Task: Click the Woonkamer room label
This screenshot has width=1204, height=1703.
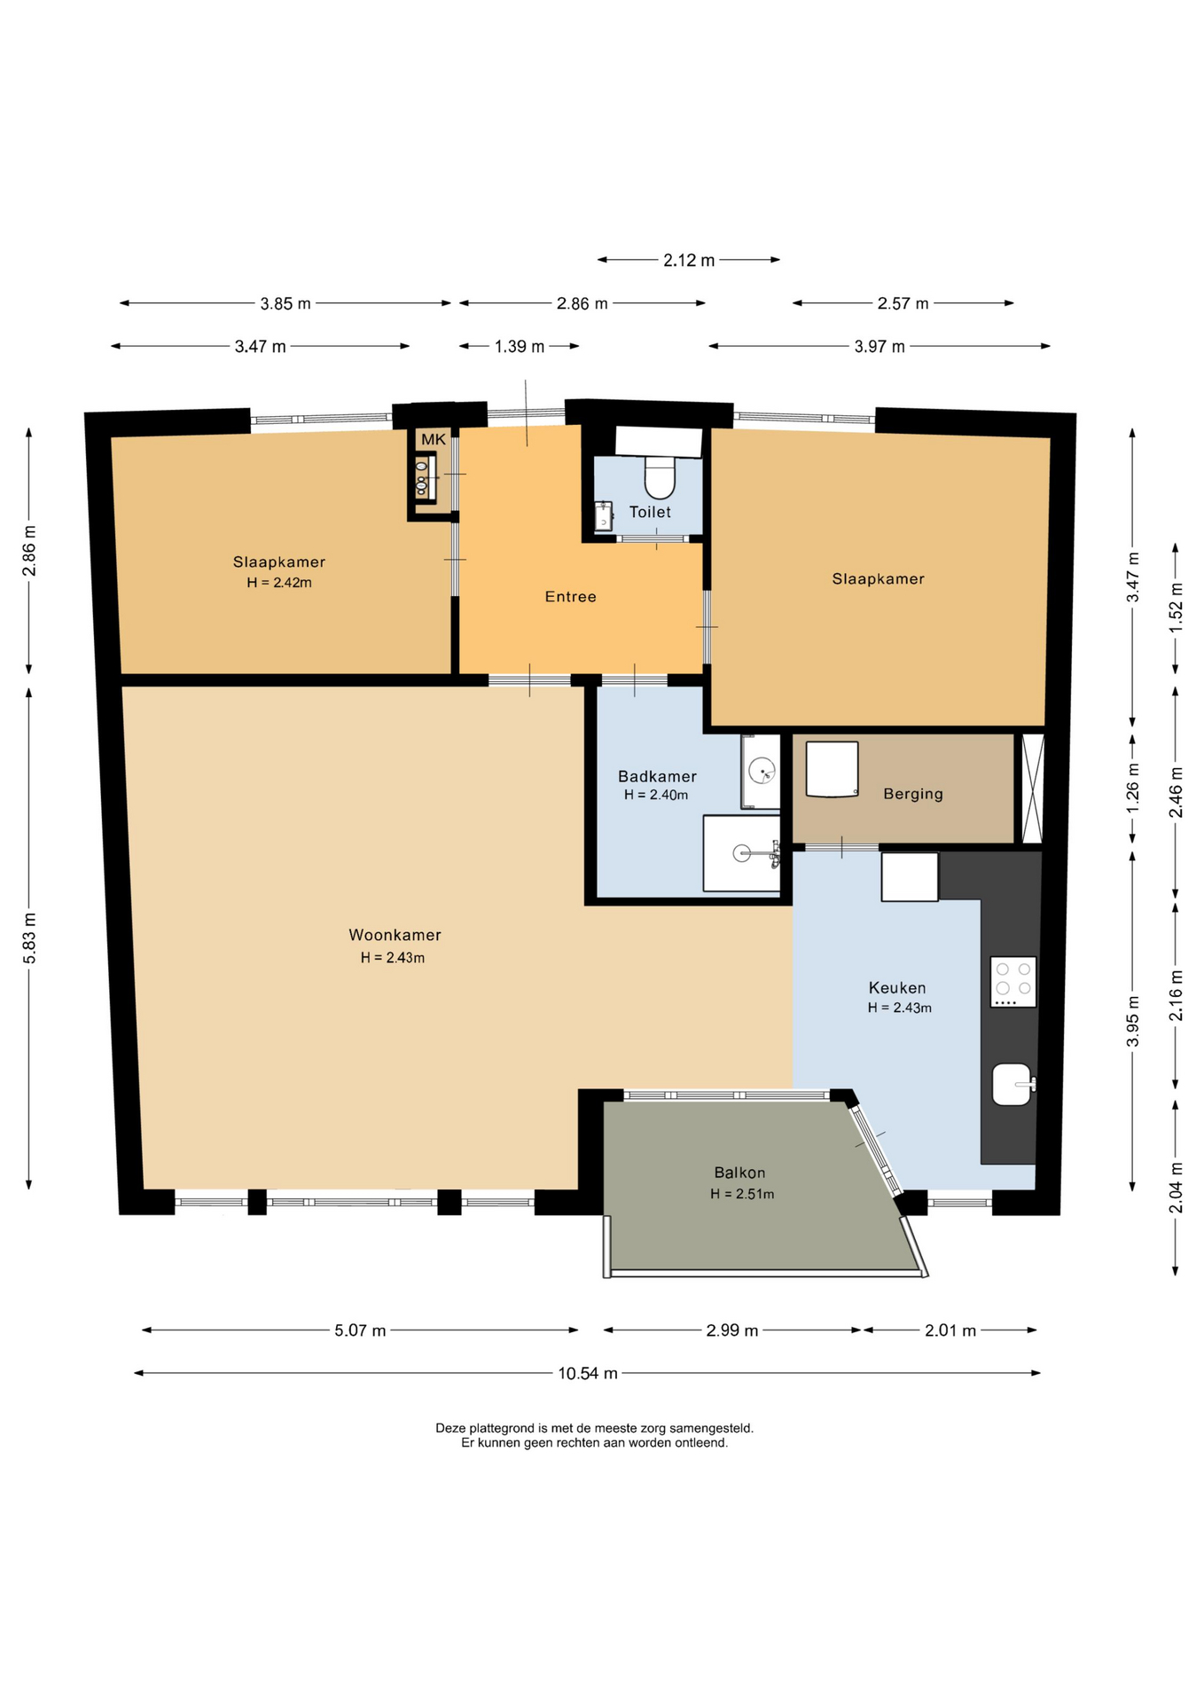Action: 395,935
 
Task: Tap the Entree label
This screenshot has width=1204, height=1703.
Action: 570,597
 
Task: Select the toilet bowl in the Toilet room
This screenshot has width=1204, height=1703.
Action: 660,476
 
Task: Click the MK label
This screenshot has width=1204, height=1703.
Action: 434,439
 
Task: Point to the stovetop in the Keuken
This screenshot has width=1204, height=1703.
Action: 1013,981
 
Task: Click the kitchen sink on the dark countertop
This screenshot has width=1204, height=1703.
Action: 1012,1084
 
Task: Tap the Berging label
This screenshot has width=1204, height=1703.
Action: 912,794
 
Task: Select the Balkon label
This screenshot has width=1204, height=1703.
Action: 739,1173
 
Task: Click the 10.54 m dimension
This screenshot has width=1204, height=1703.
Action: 587,1373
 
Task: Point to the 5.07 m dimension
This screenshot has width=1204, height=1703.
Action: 360,1330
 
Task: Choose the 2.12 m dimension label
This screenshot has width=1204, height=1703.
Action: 689,260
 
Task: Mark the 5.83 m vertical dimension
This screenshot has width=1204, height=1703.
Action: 29,938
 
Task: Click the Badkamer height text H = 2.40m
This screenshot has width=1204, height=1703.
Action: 656,795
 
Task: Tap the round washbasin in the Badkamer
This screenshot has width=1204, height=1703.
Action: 762,771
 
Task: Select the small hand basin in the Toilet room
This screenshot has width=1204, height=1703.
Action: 604,516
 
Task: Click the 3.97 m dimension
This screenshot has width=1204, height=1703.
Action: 880,346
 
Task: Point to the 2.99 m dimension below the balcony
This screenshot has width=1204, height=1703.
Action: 732,1330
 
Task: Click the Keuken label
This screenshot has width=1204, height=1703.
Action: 897,988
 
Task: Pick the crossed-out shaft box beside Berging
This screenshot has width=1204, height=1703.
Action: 1033,789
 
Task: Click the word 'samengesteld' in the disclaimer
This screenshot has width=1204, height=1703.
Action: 712,1428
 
